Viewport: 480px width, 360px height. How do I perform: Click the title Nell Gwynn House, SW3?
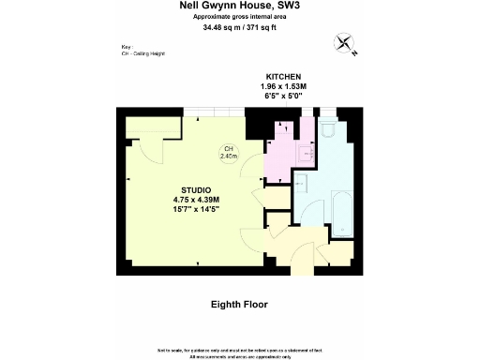click(x=239, y=6)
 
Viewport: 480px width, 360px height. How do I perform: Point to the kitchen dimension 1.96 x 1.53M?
click(x=282, y=85)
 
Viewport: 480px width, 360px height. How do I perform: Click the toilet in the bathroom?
click(x=327, y=131)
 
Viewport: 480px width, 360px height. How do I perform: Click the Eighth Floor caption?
click(x=239, y=305)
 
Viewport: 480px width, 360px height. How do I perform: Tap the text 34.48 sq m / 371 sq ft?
click(x=239, y=27)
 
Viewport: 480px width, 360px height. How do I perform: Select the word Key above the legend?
click(x=127, y=46)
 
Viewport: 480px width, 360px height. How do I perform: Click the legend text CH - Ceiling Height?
click(x=142, y=53)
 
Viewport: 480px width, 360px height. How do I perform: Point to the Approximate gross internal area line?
click(x=239, y=17)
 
